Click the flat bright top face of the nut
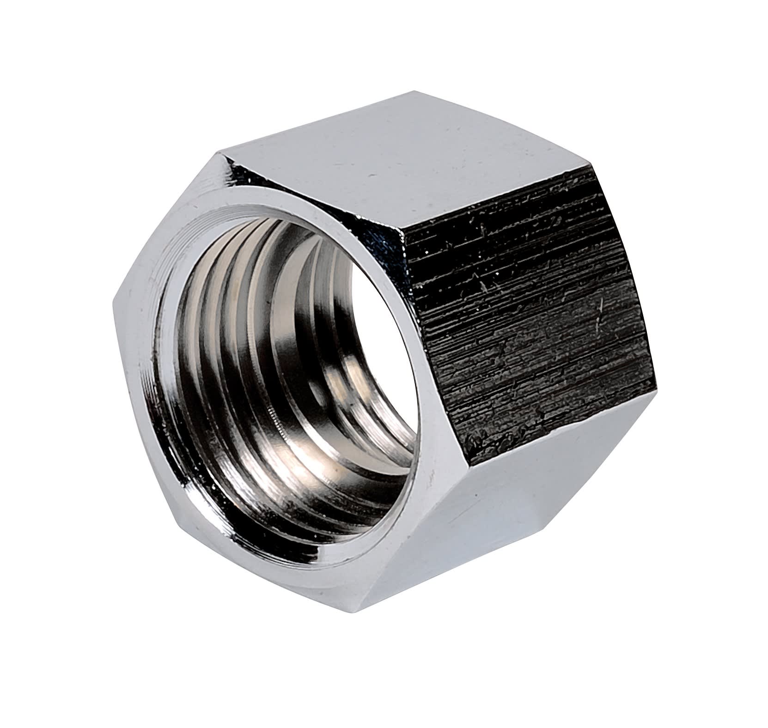point(407,152)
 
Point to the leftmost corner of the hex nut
point(113,303)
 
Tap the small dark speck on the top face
point(370,176)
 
